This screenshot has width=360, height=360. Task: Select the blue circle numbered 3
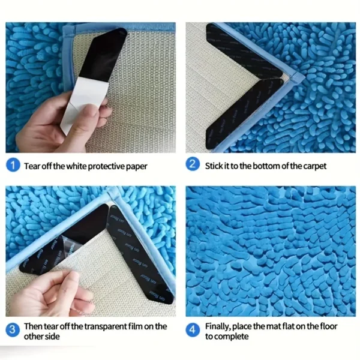pos(13,330)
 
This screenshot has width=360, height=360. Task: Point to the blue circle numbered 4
pos(193,330)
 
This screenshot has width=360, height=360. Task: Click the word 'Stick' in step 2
pos(215,166)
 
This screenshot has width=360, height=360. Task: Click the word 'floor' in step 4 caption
pos(324,326)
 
